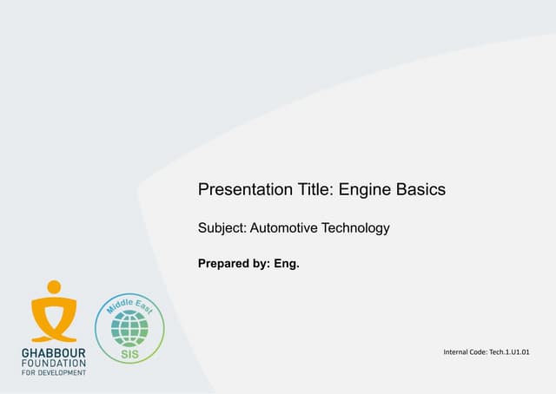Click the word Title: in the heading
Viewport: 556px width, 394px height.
[x=310, y=189]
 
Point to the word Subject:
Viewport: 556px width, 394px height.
[x=222, y=229]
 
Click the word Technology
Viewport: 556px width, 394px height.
[x=356, y=229]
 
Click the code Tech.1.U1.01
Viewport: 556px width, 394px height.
[x=509, y=351]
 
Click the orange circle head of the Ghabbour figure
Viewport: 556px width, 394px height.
[x=54, y=287]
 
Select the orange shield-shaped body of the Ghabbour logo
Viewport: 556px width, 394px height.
[x=54, y=318]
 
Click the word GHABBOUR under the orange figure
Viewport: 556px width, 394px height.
[x=54, y=354]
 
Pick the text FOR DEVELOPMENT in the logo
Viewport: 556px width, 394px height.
[x=54, y=372]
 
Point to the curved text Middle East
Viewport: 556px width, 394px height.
[x=129, y=303]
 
